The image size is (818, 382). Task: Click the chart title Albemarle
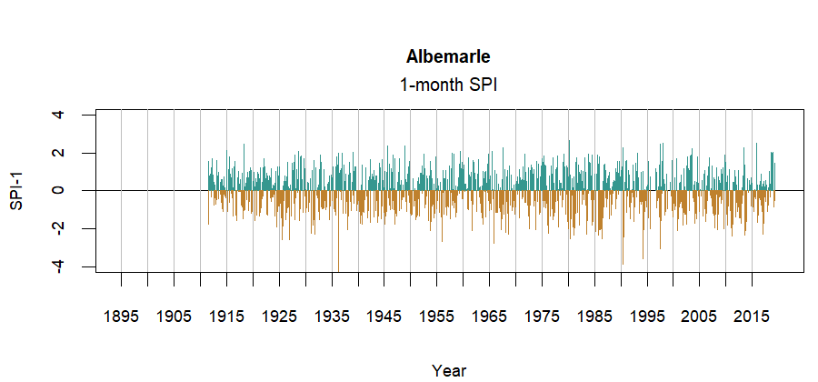pos(449,57)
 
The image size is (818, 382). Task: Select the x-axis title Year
pos(449,370)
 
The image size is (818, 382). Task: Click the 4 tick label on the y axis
pos(59,115)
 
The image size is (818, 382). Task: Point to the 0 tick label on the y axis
pos(59,190)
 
